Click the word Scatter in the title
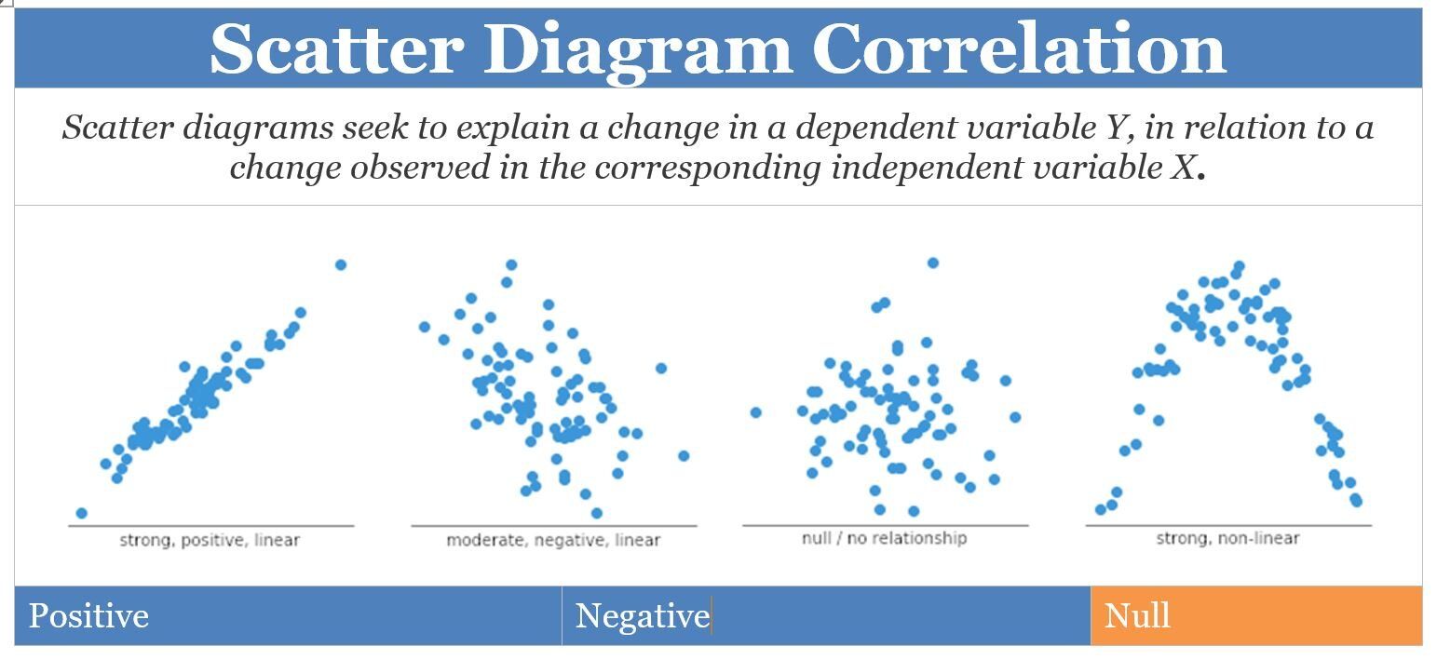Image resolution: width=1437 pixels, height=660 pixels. click(335, 48)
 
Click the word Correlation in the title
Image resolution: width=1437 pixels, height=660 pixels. click(1019, 48)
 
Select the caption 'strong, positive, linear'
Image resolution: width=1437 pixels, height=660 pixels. click(210, 540)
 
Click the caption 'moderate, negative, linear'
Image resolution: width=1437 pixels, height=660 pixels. click(553, 540)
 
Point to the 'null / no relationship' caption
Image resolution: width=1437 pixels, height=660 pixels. click(884, 538)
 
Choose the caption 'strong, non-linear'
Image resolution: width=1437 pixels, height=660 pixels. click(1227, 538)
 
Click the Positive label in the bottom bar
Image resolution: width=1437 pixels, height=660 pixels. click(88, 616)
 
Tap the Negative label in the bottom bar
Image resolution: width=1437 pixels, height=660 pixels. click(642, 616)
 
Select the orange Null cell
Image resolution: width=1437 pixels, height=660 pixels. click(1254, 616)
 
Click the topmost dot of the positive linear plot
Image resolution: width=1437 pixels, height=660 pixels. click(341, 265)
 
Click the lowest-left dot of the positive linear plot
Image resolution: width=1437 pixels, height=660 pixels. click(81, 513)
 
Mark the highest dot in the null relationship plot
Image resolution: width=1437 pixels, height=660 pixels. click(932, 263)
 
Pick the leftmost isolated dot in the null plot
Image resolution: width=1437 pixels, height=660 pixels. click(755, 412)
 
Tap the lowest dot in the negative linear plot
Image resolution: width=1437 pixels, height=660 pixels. click(596, 513)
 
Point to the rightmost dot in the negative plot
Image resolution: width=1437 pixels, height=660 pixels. click(684, 456)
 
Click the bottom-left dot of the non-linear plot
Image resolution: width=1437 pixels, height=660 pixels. click(1101, 509)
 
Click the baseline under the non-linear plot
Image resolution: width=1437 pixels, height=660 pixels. click(1227, 526)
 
